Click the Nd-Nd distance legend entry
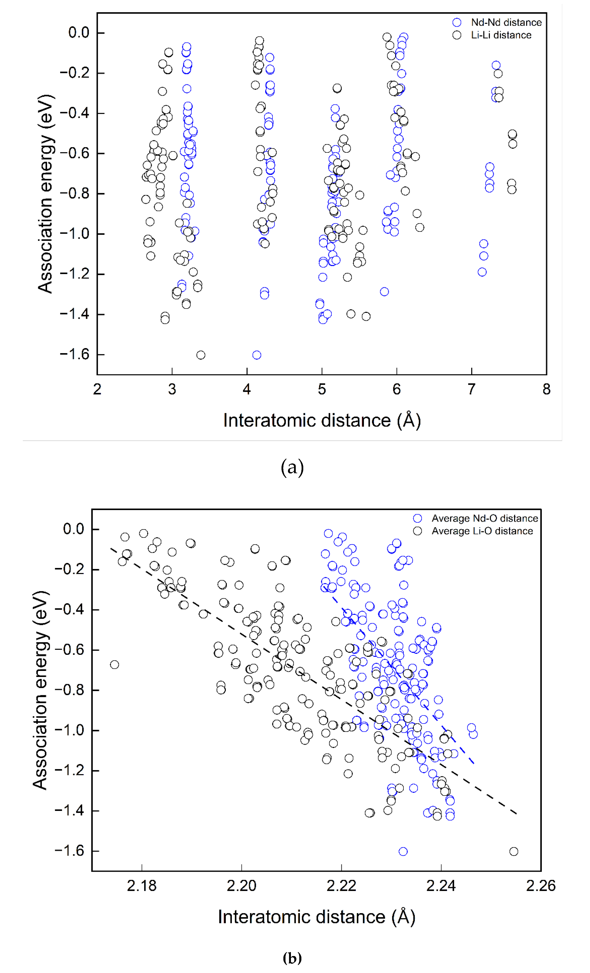click(506, 23)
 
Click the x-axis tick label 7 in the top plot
click(472, 389)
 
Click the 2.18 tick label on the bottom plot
click(141, 885)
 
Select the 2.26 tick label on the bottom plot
click(541, 885)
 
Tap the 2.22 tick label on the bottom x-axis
click(341, 885)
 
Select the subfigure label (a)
click(292, 468)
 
